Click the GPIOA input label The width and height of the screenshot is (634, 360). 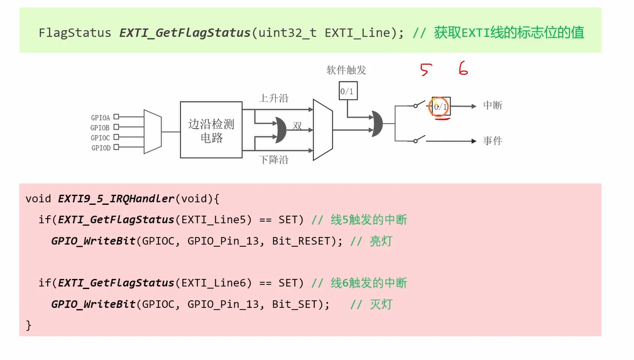[101, 117]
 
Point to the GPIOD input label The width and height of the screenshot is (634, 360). [101, 148]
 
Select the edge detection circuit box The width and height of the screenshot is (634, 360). [211, 129]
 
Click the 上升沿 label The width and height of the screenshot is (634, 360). [274, 98]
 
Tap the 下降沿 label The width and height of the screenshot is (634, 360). [274, 160]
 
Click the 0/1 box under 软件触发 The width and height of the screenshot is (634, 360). [347, 91]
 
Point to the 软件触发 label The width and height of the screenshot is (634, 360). [346, 70]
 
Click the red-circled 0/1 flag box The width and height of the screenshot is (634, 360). [440, 107]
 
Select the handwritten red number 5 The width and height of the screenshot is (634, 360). [425, 70]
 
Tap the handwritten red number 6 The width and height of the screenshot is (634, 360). [463, 69]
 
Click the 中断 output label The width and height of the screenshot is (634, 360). [493, 106]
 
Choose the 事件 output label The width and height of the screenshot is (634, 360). [493, 141]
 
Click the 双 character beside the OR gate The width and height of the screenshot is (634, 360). [297, 126]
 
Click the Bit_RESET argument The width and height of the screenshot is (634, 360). [301, 241]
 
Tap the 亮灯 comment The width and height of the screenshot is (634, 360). [380, 241]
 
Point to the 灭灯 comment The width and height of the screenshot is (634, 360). [380, 304]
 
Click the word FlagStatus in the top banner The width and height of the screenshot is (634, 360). [75, 33]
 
